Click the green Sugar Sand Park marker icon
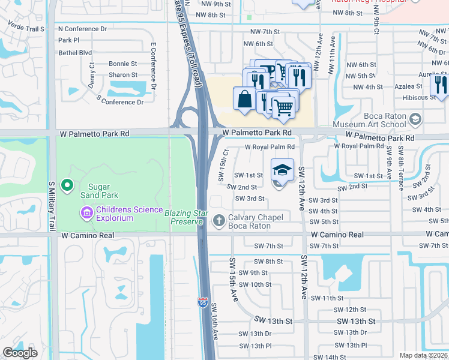click(68, 185)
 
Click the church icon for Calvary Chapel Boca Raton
click(218, 221)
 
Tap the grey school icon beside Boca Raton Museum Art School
click(414, 119)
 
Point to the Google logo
click(20, 352)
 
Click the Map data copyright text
click(423, 355)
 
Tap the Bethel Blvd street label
click(75, 52)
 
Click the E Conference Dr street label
click(154, 66)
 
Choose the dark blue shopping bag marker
click(245, 99)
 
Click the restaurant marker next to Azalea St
click(441, 85)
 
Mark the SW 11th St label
click(327, 298)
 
